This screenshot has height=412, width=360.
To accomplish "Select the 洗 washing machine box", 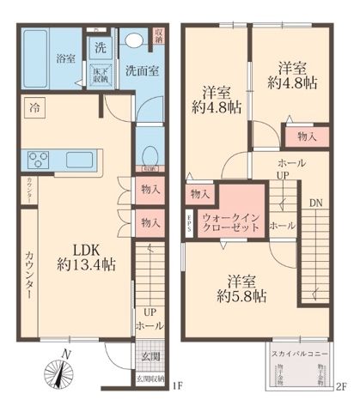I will click(101, 46).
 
